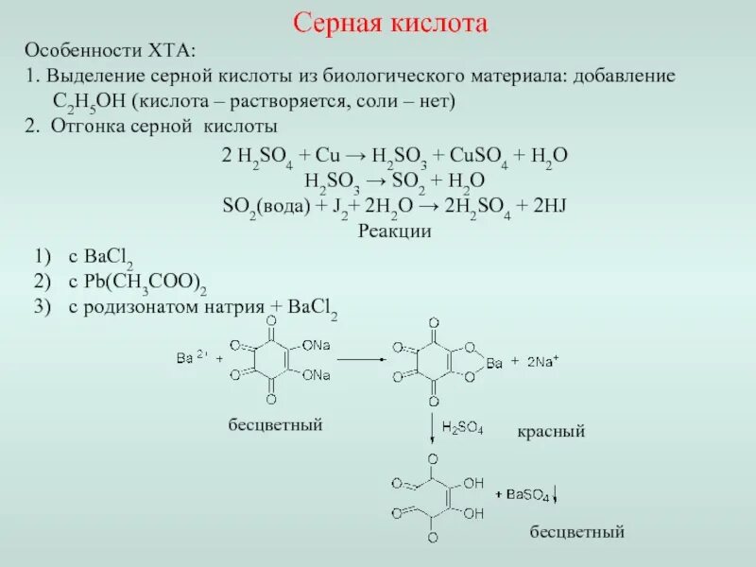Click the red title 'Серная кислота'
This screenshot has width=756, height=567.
pyautogui.click(x=389, y=24)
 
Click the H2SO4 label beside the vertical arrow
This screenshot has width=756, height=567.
pyautogui.click(x=465, y=428)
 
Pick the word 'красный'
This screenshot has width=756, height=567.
pyautogui.click(x=551, y=431)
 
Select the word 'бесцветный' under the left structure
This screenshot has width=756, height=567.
pyautogui.click(x=275, y=425)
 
